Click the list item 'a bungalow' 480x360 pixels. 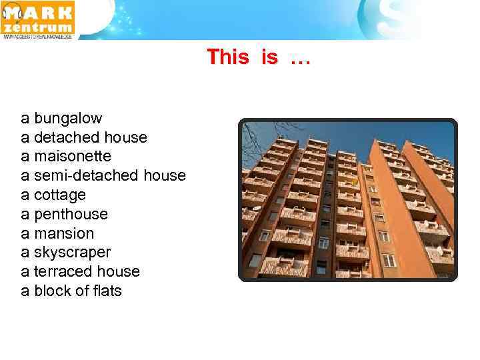click(61, 119)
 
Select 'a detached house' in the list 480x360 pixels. click(84, 137)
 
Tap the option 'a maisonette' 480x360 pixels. click(66, 157)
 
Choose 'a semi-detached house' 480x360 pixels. click(103, 176)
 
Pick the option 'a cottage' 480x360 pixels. click(53, 195)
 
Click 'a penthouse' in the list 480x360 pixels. click(64, 215)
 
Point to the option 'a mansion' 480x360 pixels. click(57, 234)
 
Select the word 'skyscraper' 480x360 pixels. click(72, 253)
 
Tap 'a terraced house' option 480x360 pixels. click(80, 272)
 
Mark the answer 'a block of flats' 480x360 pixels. click(71, 291)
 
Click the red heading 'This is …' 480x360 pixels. click(259, 58)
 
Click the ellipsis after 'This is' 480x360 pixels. click(300, 59)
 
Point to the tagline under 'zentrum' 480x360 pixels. click(37, 37)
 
